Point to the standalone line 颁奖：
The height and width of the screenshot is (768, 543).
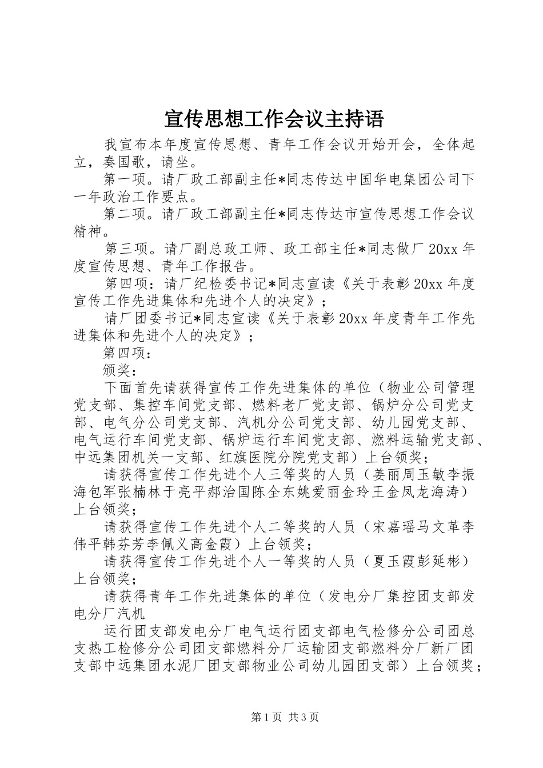120,370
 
